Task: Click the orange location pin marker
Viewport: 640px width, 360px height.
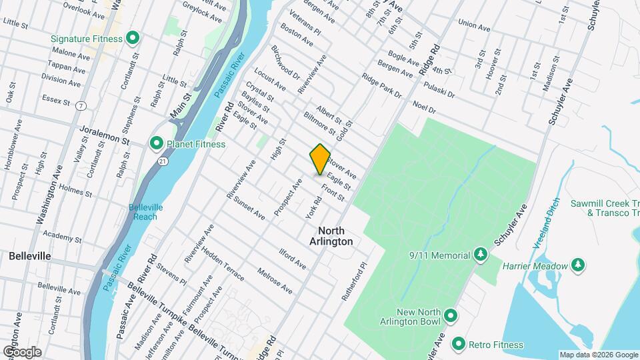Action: (x=320, y=159)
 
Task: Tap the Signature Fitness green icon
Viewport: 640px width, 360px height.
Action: (x=132, y=38)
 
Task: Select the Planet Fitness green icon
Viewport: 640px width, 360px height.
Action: (x=157, y=143)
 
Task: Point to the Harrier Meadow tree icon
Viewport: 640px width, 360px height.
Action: (x=579, y=265)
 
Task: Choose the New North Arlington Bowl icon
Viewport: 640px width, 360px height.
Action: (x=451, y=315)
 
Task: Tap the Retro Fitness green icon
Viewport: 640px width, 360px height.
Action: (x=458, y=344)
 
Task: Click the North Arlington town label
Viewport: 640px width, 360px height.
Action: (x=331, y=235)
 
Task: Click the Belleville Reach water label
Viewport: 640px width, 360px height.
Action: (x=143, y=211)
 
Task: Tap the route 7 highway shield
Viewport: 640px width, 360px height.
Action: (x=80, y=105)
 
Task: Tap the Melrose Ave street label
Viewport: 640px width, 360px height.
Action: (x=275, y=282)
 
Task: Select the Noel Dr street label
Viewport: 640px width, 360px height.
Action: (x=423, y=107)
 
